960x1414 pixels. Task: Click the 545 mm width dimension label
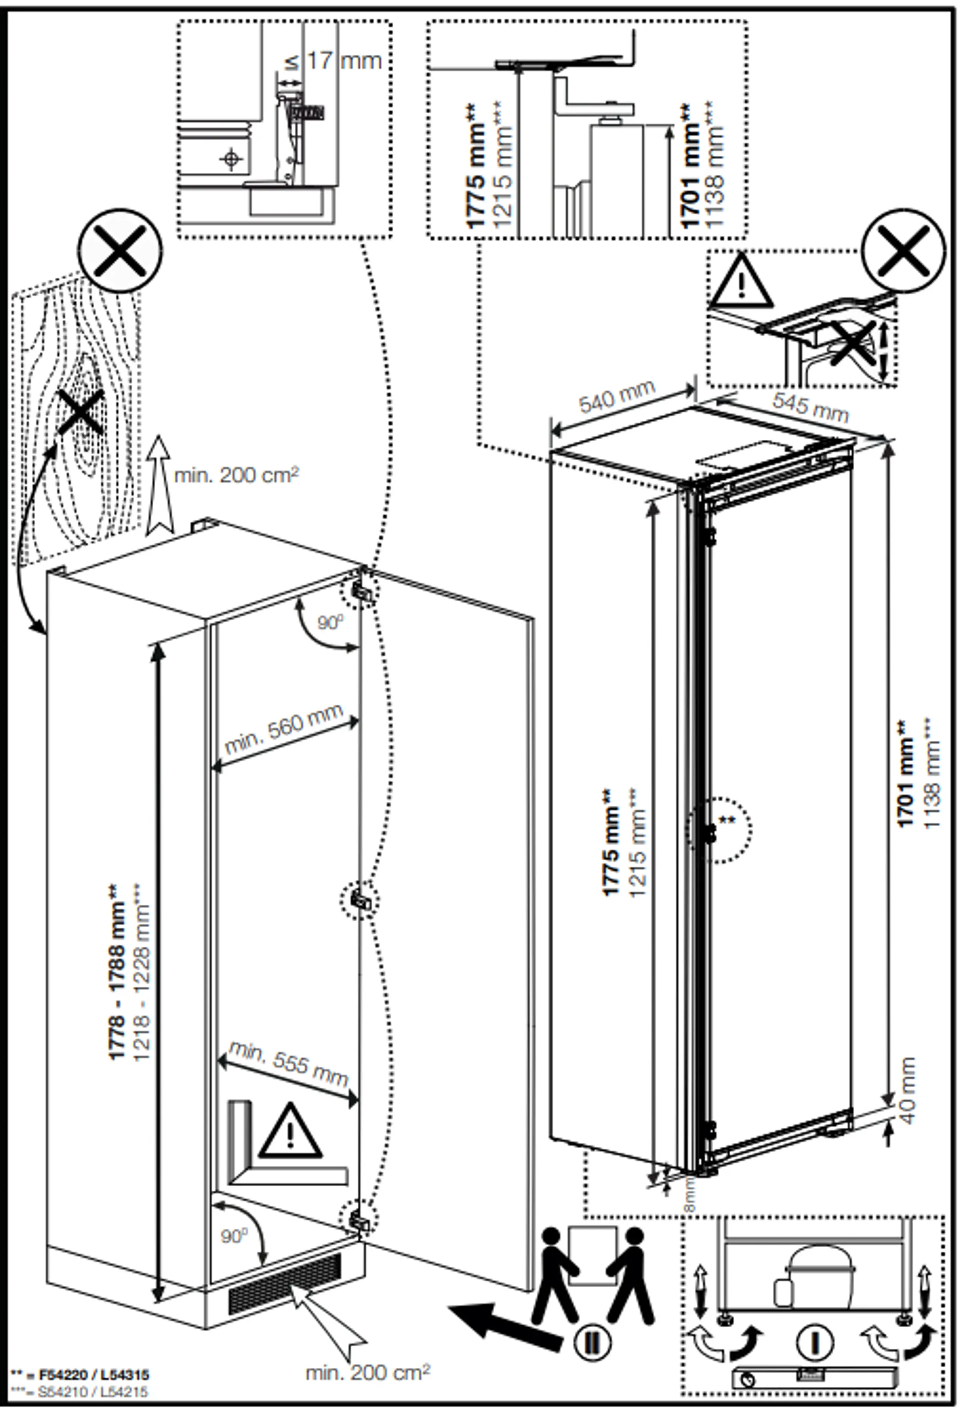click(x=810, y=406)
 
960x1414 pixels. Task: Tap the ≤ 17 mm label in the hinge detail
click(x=333, y=61)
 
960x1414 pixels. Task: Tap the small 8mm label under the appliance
click(x=690, y=1193)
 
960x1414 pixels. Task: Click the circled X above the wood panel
click(x=120, y=251)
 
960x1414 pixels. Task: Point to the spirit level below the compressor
click(x=815, y=1378)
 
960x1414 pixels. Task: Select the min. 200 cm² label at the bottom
click(x=367, y=1372)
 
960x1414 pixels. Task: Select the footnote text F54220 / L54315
click(x=94, y=1374)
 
